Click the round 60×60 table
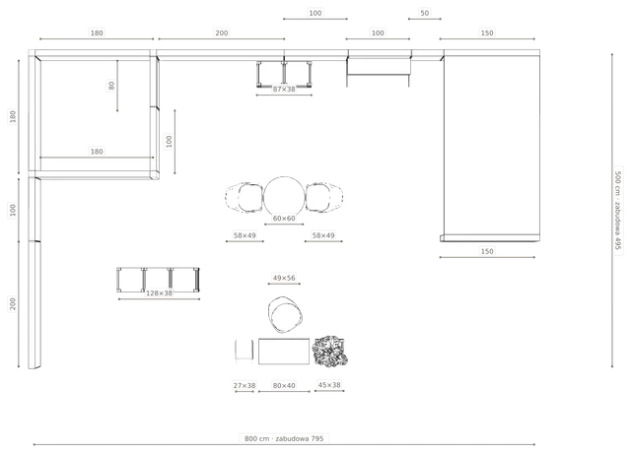tap(284, 197)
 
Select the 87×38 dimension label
tap(284, 90)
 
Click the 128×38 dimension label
tap(159, 293)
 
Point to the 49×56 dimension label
tap(284, 278)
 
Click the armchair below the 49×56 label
tap(285, 315)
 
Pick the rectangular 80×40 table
tap(284, 352)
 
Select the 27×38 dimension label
tap(245, 385)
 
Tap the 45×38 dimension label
tap(329, 385)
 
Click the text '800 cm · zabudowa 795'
tap(284, 438)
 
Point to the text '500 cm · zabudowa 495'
tap(618, 210)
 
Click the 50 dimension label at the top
tap(425, 13)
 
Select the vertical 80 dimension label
tap(111, 86)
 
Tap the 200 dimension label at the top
tap(221, 32)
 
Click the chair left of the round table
tap(245, 197)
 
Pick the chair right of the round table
tap(324, 197)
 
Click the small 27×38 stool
tap(245, 351)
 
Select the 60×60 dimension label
tap(284, 219)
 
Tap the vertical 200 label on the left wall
tap(13, 304)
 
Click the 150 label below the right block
tap(487, 252)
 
